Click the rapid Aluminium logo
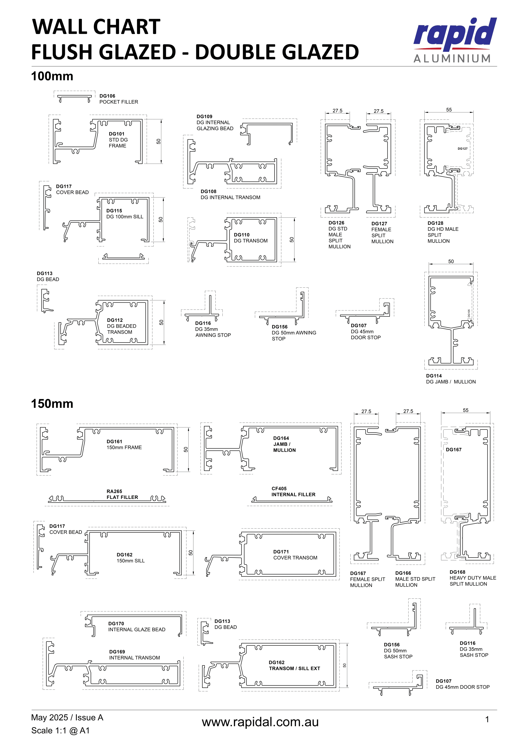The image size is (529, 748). (x=455, y=40)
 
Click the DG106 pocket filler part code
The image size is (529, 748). (x=107, y=96)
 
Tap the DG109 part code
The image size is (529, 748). (x=205, y=116)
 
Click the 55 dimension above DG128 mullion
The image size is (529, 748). (x=449, y=110)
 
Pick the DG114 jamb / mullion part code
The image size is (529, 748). (x=434, y=376)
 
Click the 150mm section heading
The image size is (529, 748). (x=52, y=404)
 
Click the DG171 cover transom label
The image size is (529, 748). (x=295, y=554)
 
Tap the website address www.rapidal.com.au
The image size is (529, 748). (x=260, y=722)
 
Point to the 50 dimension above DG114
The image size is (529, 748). (x=451, y=261)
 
